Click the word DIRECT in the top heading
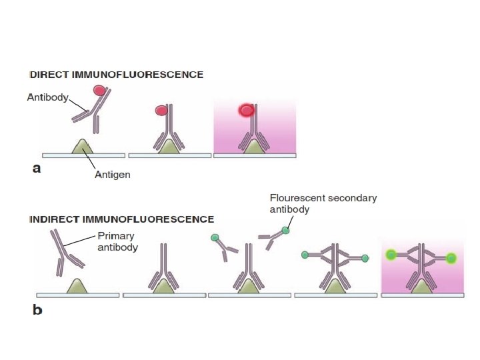pyautogui.click(x=47, y=75)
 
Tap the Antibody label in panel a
pyautogui.click(x=47, y=97)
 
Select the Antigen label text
pyautogui.click(x=112, y=175)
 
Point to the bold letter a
pyautogui.click(x=37, y=169)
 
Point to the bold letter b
pyautogui.click(x=38, y=310)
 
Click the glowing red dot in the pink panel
pyautogui.click(x=247, y=110)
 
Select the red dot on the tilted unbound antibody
pyautogui.click(x=99, y=90)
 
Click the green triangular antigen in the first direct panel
pyautogui.click(x=82, y=147)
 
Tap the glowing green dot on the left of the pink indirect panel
pyautogui.click(x=391, y=254)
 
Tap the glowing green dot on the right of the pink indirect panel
pyautogui.click(x=451, y=258)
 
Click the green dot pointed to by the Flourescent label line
pyautogui.click(x=285, y=231)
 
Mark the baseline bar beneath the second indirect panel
pyautogui.click(x=163, y=294)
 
